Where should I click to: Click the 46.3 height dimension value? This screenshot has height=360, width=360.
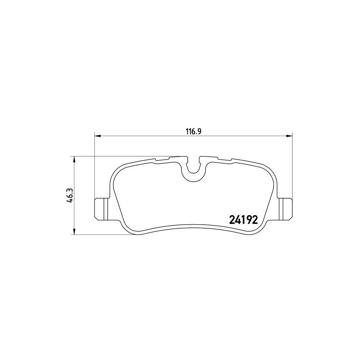(70, 196)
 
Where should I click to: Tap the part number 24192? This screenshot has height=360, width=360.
(244, 220)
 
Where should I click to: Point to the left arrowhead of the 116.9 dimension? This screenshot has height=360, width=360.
(98, 136)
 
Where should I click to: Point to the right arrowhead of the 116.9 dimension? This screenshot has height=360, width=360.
(289, 136)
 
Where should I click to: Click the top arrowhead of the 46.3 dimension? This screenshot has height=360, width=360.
(74, 160)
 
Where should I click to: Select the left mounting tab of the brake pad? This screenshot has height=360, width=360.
(102, 209)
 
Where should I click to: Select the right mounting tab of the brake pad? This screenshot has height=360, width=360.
(285, 209)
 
